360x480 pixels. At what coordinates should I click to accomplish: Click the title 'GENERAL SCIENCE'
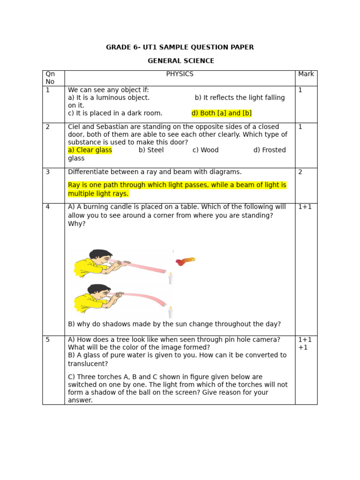point(181,61)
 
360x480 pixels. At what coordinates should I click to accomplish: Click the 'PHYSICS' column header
point(180,74)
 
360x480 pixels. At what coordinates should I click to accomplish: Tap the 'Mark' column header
point(306,74)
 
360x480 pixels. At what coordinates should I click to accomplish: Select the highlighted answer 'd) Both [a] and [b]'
point(222,113)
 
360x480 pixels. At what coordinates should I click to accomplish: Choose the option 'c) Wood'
point(205,150)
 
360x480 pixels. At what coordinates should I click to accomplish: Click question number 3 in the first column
point(48,172)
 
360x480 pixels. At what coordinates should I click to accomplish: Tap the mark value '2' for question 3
point(300,172)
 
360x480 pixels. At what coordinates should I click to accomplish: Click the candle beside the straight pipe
point(170,278)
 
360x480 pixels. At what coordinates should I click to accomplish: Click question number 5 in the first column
point(48,339)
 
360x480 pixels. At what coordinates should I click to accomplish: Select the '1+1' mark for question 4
point(305,207)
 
